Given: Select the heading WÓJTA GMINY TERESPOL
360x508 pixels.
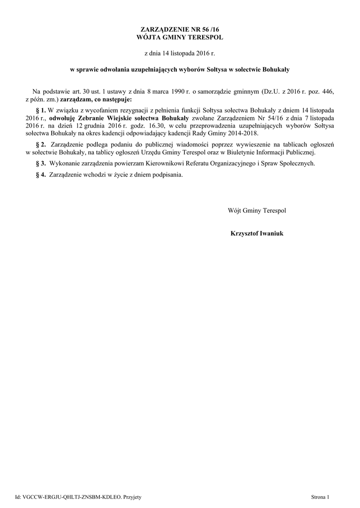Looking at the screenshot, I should (180, 38).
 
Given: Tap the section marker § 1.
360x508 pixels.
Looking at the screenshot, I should (41, 109).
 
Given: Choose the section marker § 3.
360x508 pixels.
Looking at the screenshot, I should (41, 163).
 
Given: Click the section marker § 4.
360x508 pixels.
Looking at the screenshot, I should (41, 175).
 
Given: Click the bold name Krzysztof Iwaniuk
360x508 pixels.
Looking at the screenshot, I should (257, 233).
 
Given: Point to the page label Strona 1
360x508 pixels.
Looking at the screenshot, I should (320, 497).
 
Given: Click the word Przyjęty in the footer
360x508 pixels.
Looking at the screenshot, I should (132, 497).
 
